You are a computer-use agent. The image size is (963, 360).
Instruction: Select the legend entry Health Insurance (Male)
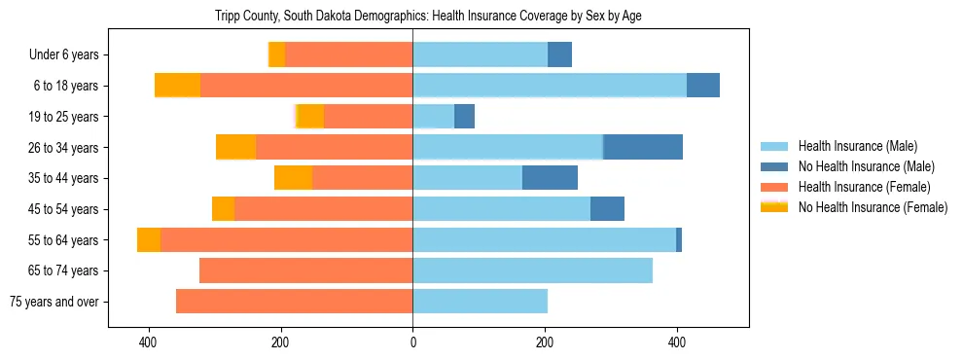click(x=856, y=146)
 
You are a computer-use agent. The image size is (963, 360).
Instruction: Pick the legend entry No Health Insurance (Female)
click(x=873, y=207)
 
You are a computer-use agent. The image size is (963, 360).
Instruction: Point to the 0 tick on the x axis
click(x=412, y=342)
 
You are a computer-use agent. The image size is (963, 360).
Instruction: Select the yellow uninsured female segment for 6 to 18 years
click(x=177, y=86)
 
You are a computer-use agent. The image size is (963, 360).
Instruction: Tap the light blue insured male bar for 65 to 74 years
click(x=532, y=270)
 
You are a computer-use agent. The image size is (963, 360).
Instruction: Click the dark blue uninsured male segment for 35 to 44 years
click(x=550, y=178)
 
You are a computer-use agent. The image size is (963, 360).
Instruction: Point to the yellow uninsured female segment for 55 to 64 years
click(x=149, y=240)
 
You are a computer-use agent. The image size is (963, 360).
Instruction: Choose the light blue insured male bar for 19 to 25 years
click(x=433, y=117)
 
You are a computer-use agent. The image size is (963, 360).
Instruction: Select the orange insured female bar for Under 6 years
click(x=348, y=55)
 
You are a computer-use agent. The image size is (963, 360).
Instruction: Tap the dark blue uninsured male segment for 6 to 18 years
click(x=703, y=86)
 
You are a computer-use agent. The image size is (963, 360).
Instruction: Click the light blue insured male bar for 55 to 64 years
click(x=544, y=240)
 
